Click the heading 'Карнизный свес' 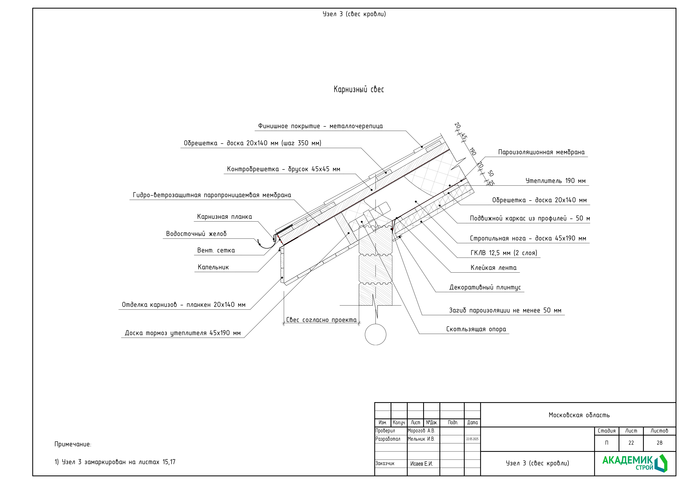point(359,89)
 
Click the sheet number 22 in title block point(631,443)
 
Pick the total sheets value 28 point(659,443)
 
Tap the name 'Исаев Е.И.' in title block point(421,464)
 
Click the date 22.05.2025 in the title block point(472,439)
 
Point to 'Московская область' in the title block point(579,415)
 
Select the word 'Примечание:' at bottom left point(73,444)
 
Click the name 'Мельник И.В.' point(421,439)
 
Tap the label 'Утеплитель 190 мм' point(555,181)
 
